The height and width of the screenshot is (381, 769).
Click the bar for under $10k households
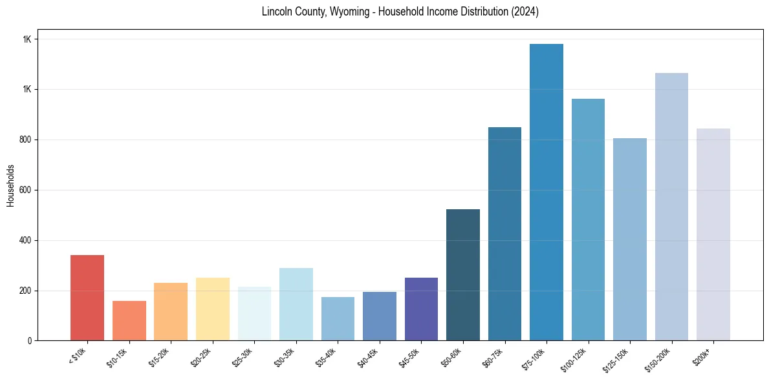[87, 298]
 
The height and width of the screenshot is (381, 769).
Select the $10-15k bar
[129, 320]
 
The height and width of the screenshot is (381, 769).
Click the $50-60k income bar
[462, 274]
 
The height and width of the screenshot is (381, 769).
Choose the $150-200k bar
[671, 207]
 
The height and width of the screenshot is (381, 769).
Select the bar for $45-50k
[421, 309]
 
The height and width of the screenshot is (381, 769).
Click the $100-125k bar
[588, 220]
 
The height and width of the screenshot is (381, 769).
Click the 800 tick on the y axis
[26, 139]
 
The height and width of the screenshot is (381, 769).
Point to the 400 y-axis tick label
[26, 240]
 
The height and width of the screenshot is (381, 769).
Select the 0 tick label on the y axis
[30, 340]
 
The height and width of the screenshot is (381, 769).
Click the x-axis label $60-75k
[492, 357]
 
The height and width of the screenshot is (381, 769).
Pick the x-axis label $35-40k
[325, 357]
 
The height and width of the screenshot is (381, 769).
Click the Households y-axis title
[11, 185]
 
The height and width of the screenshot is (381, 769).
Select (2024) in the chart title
[525, 12]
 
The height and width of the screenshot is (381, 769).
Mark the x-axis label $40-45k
[367, 357]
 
